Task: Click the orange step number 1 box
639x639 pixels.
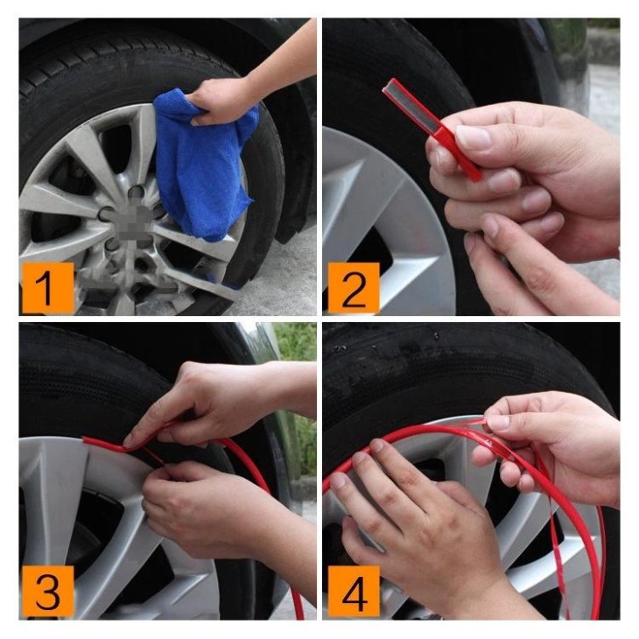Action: tap(46, 287)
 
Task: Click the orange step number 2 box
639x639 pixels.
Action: tap(353, 287)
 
